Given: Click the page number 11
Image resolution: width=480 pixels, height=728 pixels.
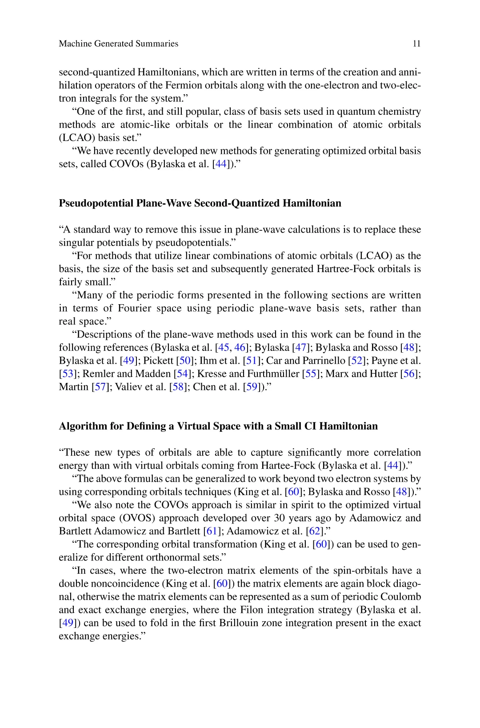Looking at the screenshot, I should (x=416, y=44).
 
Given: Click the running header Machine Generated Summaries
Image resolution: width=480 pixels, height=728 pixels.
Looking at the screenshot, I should (x=118, y=44).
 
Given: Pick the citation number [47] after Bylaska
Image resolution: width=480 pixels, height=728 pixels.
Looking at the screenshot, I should (x=301, y=347).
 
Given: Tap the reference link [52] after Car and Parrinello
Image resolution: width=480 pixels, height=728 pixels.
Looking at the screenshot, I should (x=357, y=361).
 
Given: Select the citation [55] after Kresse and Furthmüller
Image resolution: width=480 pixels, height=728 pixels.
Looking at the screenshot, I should (x=309, y=374).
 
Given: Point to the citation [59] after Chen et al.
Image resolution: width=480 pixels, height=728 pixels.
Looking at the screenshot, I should (x=252, y=387).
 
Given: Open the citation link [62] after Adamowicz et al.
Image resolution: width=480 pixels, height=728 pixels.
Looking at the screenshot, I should (x=315, y=531).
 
